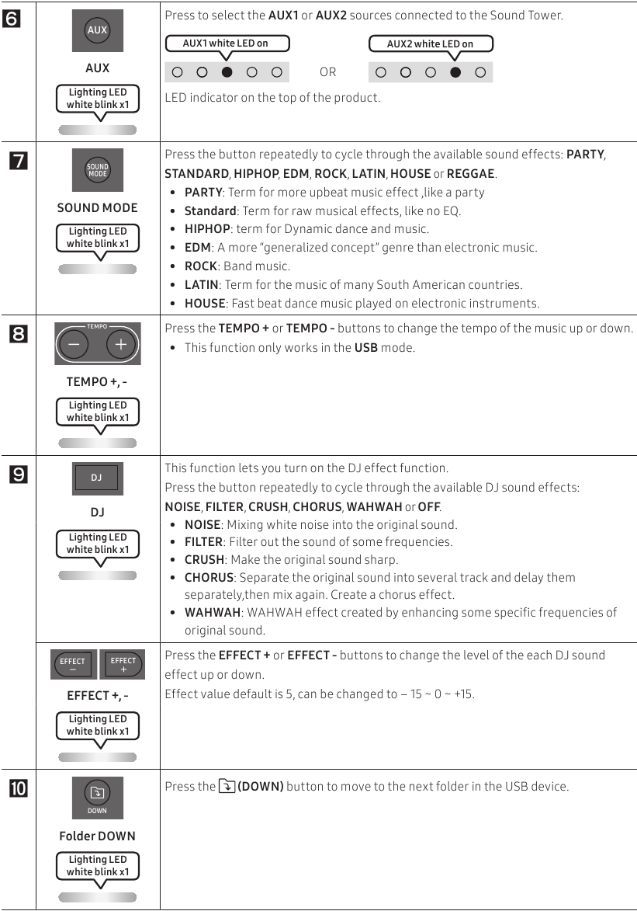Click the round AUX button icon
pyautogui.click(x=97, y=30)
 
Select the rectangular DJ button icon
pyautogui.click(x=97, y=478)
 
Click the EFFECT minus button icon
pyautogui.click(x=73, y=665)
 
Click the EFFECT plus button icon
pyautogui.click(x=123, y=665)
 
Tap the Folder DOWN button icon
pyautogui.click(x=97, y=797)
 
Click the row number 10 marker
pyautogui.click(x=17, y=791)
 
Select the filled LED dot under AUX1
pyautogui.click(x=227, y=72)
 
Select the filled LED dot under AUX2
pyautogui.click(x=455, y=72)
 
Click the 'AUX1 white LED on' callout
pyautogui.click(x=227, y=43)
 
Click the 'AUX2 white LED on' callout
pyautogui.click(x=431, y=43)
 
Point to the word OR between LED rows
pyautogui.click(x=328, y=72)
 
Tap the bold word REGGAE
pyautogui.click(x=470, y=173)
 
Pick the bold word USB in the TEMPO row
pyautogui.click(x=366, y=347)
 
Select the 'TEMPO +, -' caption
pyautogui.click(x=97, y=381)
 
